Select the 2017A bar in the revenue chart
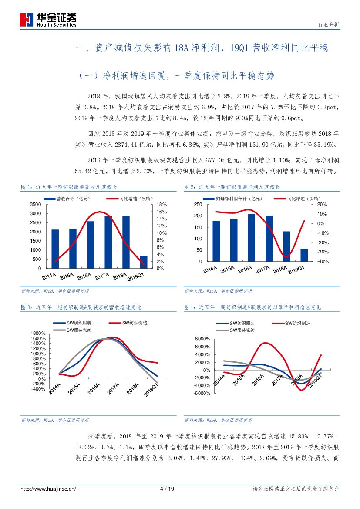[x=108, y=242]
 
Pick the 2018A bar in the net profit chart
[x=286, y=246]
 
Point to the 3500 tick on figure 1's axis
[x=36, y=204]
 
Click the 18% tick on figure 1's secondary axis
[x=161, y=204]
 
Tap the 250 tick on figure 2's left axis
[x=198, y=204]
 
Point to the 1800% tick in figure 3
[x=37, y=333]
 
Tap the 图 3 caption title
[x=81, y=307]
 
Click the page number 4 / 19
[x=167, y=489]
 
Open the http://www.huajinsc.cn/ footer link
[x=48, y=489]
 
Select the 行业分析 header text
[x=329, y=25]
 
